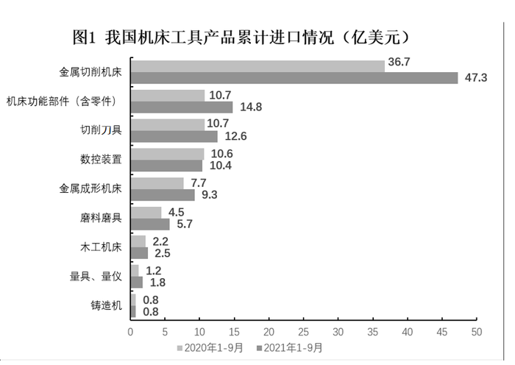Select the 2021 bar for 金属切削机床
(x=294, y=78)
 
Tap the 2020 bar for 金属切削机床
(x=257, y=66)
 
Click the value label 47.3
(x=476, y=78)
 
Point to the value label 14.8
(x=251, y=107)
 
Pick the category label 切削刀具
(x=102, y=130)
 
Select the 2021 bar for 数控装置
(x=166, y=166)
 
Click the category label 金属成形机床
(x=90, y=188)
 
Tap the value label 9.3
(x=209, y=195)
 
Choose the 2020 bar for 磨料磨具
(x=146, y=212)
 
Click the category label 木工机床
(x=102, y=247)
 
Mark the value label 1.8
(x=157, y=283)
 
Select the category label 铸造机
(x=107, y=305)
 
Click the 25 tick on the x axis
(x=303, y=332)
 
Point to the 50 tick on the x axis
(x=477, y=332)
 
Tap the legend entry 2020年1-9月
(x=210, y=348)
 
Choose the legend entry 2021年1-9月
(x=290, y=348)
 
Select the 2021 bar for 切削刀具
(x=174, y=137)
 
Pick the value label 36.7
(x=399, y=62)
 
